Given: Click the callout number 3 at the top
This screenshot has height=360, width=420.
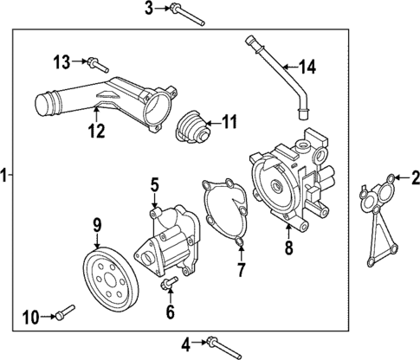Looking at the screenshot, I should tap(148, 10).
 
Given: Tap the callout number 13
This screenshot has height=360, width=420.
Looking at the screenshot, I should tap(61, 61).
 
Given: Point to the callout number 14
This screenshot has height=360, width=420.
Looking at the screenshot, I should tap(309, 66).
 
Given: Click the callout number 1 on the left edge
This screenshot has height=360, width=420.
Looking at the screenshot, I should tap(5, 176).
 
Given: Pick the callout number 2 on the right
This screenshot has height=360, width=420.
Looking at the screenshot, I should tap(414, 179).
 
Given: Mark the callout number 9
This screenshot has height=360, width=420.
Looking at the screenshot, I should tap(97, 227).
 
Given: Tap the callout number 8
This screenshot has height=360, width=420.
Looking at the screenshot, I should tap(289, 247).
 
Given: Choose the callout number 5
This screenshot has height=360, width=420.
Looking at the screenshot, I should tap(154, 183).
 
